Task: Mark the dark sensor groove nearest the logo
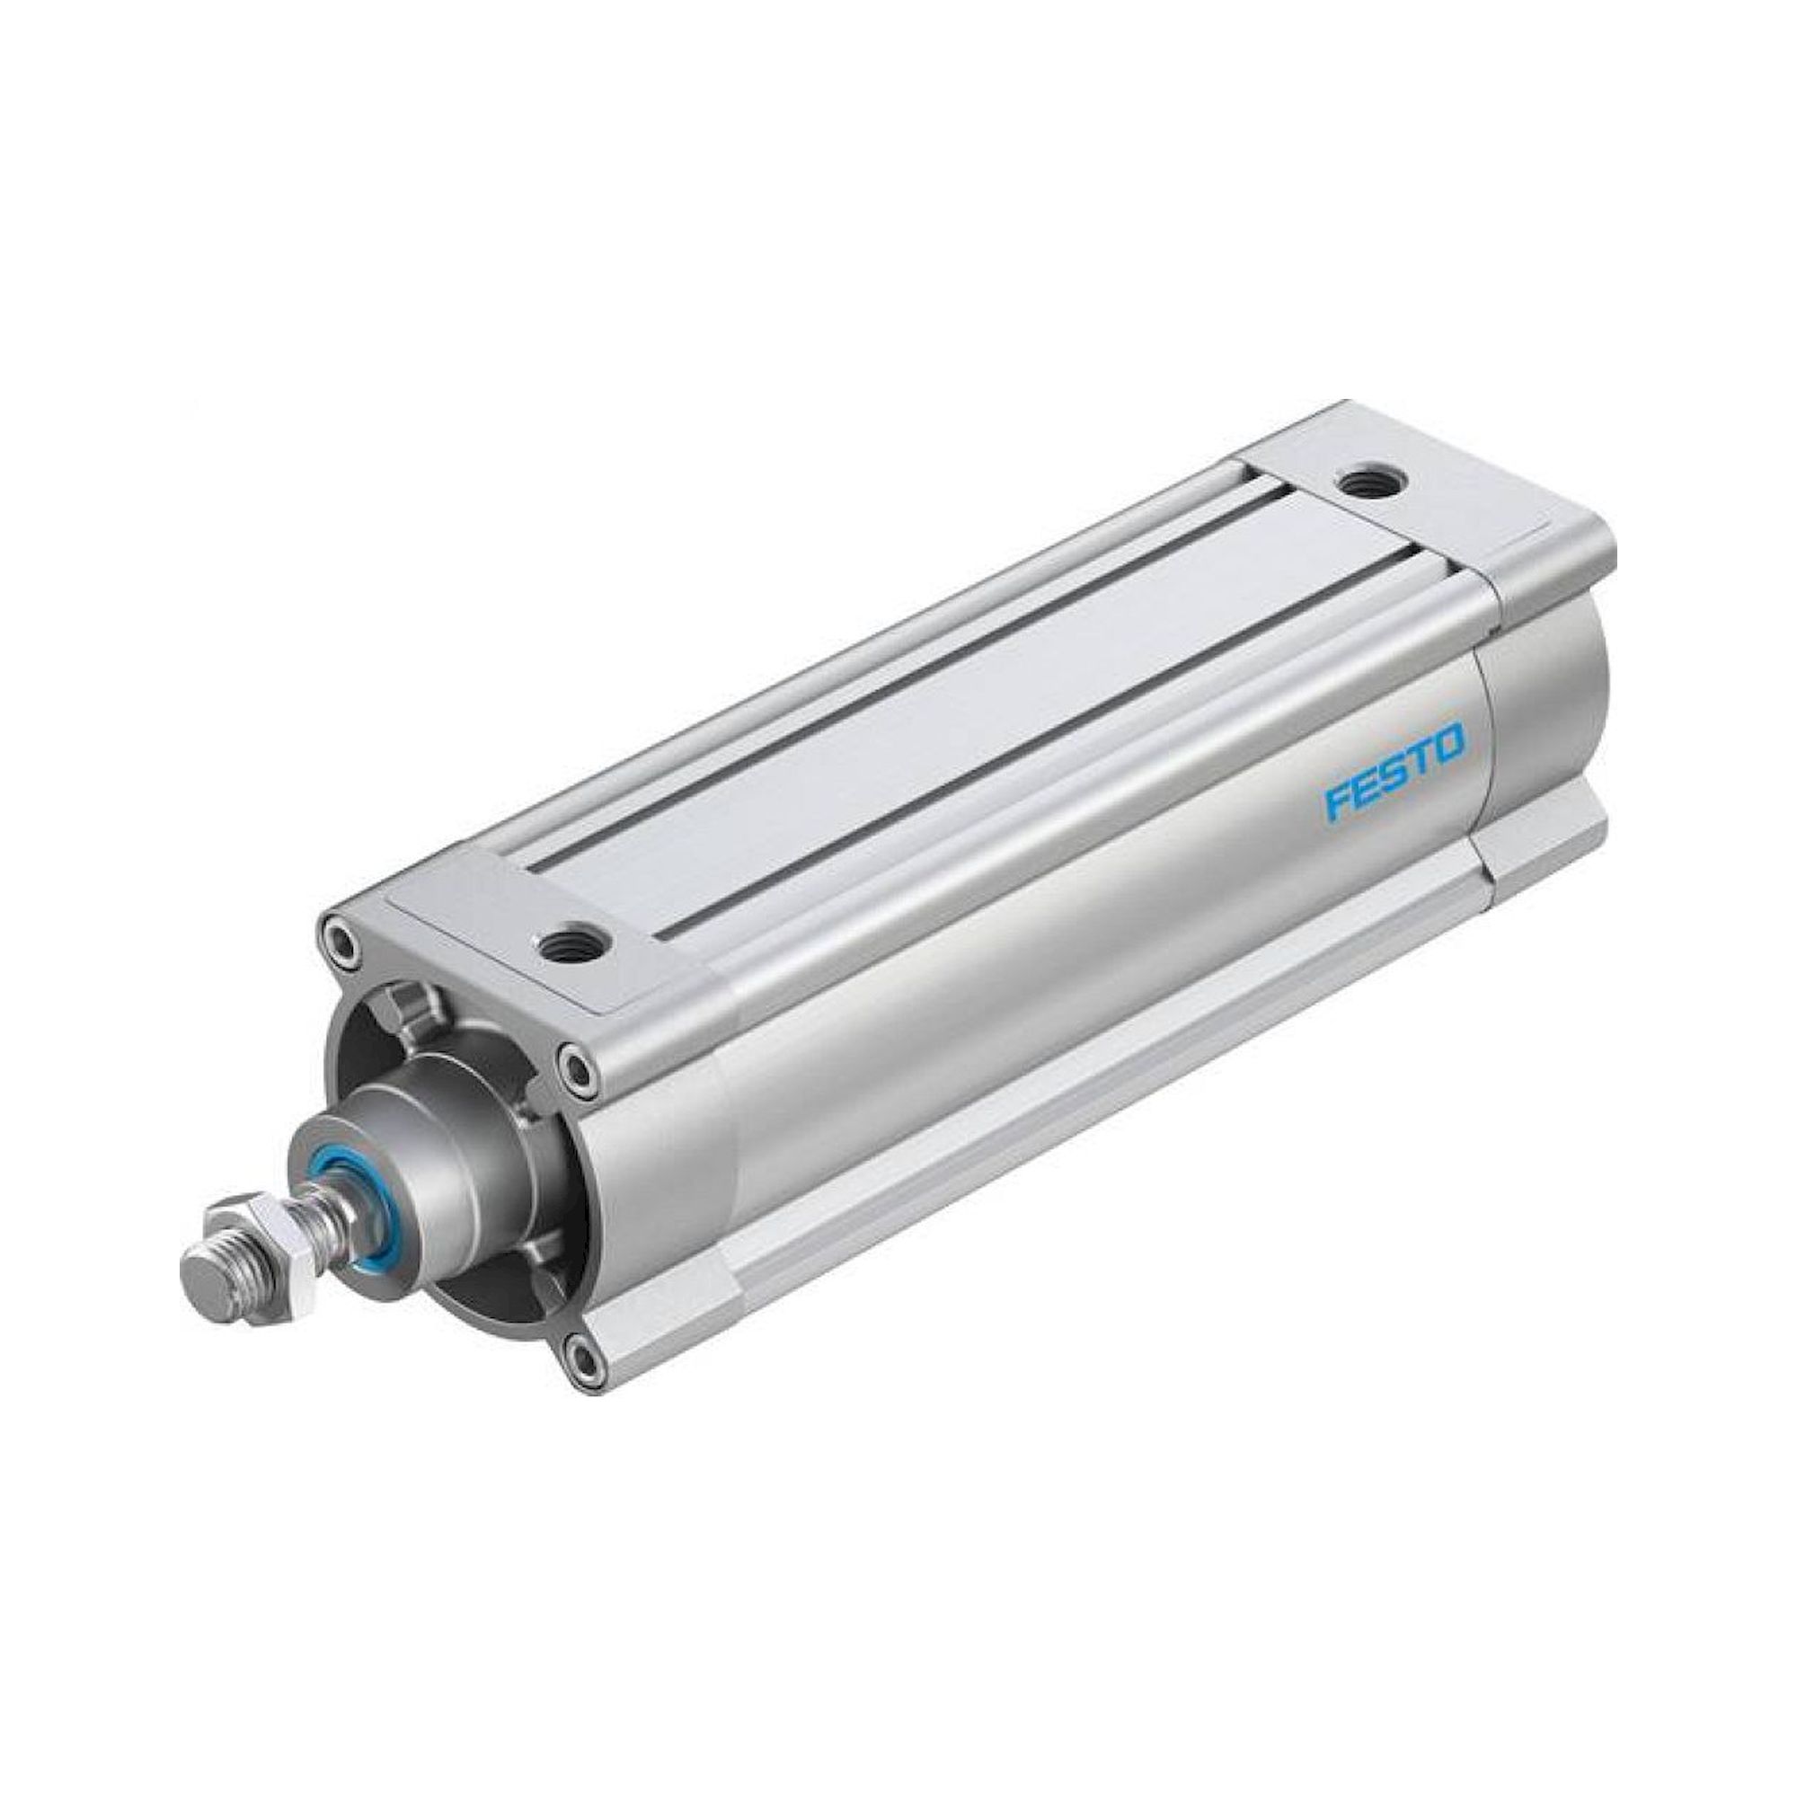(x=1023, y=744)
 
